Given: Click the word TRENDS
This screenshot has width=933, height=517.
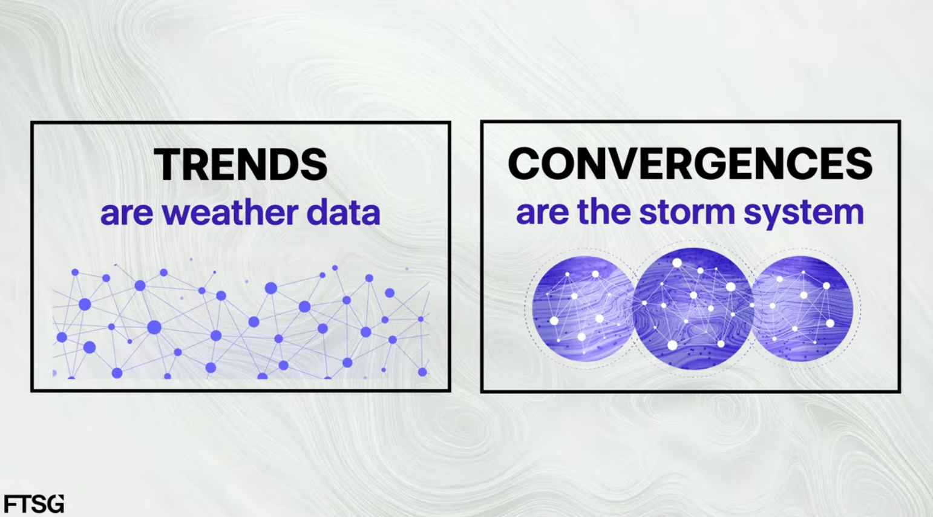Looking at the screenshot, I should [240, 165].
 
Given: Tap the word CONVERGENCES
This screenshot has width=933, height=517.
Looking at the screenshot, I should [690, 163].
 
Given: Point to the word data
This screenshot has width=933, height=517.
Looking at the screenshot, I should [343, 213].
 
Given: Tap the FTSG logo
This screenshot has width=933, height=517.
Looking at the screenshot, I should [34, 504].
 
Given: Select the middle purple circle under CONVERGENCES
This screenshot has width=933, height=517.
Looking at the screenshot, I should [693, 308].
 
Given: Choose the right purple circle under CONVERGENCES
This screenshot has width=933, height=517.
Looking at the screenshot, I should [802, 309].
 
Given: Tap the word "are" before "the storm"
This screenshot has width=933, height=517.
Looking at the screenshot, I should [542, 214].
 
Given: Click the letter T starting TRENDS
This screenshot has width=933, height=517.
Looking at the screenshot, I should [167, 165].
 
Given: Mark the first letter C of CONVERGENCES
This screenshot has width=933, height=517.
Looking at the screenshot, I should [524, 163].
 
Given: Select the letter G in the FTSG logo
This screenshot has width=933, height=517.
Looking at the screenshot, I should [56, 504].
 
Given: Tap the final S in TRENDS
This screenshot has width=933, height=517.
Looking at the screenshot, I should [314, 165].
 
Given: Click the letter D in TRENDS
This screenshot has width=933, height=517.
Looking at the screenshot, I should [284, 165].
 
